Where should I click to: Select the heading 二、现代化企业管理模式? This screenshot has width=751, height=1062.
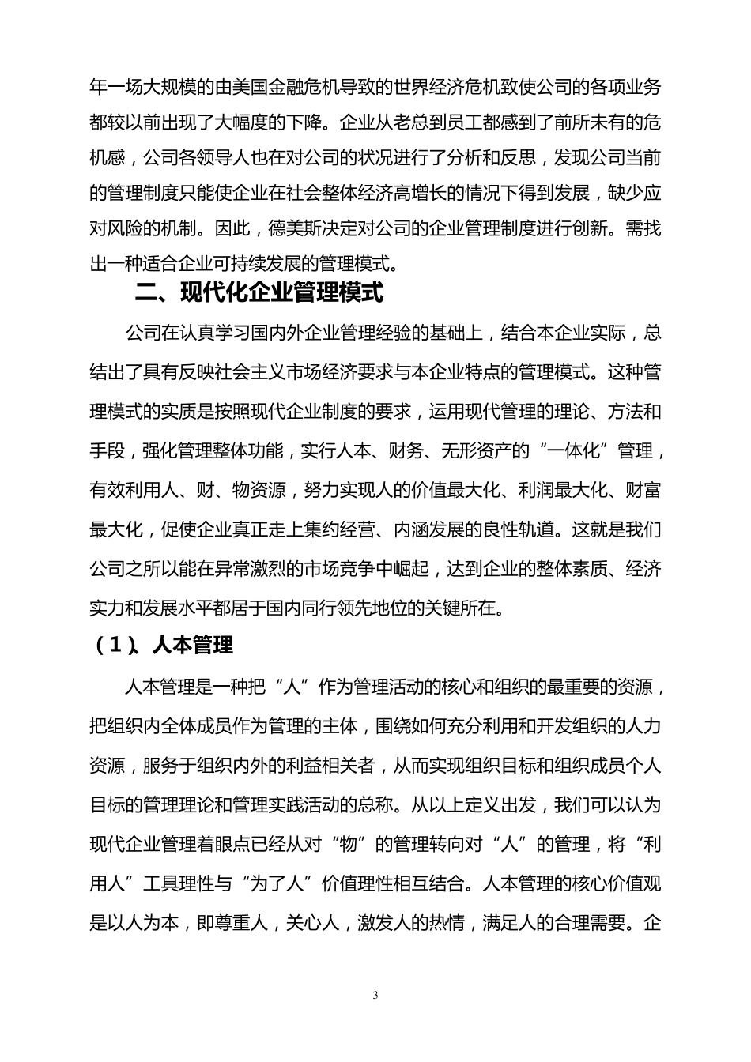(259, 293)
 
